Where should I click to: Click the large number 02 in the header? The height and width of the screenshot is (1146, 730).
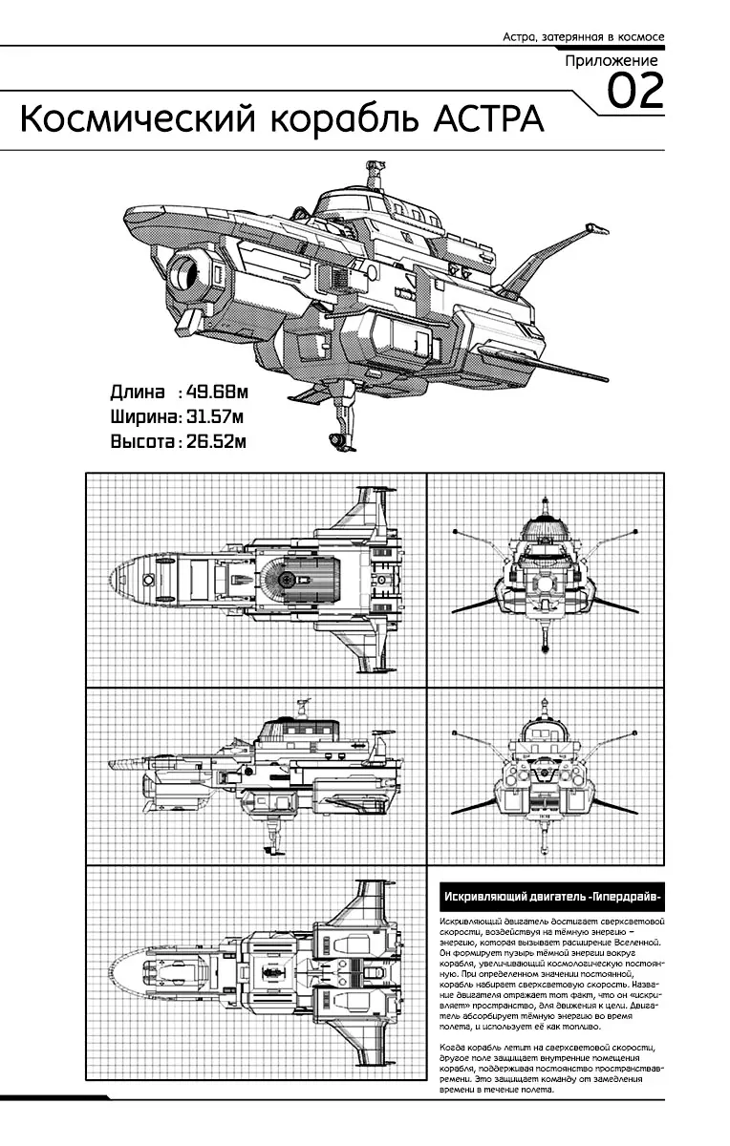[635, 93]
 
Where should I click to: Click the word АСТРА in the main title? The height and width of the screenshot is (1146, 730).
[488, 120]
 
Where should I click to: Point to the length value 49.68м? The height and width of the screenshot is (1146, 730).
[218, 392]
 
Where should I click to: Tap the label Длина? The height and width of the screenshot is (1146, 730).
[138, 392]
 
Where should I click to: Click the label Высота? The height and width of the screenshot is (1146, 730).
[143, 441]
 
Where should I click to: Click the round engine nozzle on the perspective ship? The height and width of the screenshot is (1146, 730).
[187, 275]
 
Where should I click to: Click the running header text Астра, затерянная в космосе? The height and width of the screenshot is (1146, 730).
[583, 37]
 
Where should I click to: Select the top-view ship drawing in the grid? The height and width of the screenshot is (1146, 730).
[253, 578]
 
